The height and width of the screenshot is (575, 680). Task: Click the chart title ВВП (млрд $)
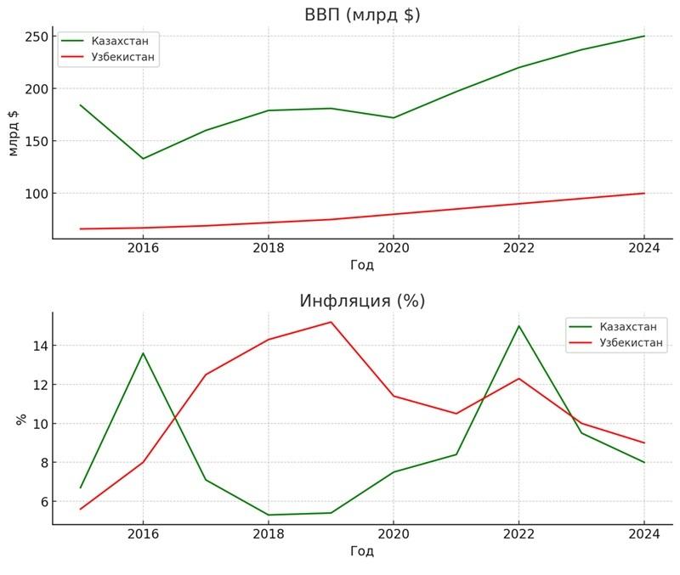pos(362,14)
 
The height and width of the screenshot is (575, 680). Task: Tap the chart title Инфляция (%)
pos(362,301)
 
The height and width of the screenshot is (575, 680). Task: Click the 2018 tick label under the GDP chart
pos(268,248)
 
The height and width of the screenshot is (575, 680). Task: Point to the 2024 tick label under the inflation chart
pos(643,534)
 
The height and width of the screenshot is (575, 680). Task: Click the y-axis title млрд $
pos(13,133)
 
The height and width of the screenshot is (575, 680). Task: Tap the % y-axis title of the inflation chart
pos(21,419)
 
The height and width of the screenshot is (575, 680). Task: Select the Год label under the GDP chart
pos(362,265)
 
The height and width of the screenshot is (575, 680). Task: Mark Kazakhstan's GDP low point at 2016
pos(143,158)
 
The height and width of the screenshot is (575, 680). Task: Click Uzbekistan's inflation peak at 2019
pos(331,322)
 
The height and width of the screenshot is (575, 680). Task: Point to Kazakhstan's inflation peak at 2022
pos(518,326)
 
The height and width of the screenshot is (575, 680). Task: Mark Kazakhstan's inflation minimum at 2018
pos(268,515)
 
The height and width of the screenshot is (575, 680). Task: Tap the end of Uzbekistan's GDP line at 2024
pos(643,194)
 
